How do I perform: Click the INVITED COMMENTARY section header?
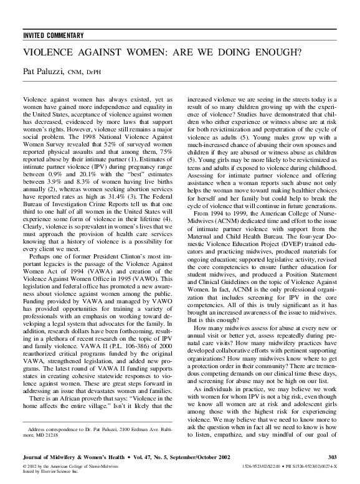pos(52,35)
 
